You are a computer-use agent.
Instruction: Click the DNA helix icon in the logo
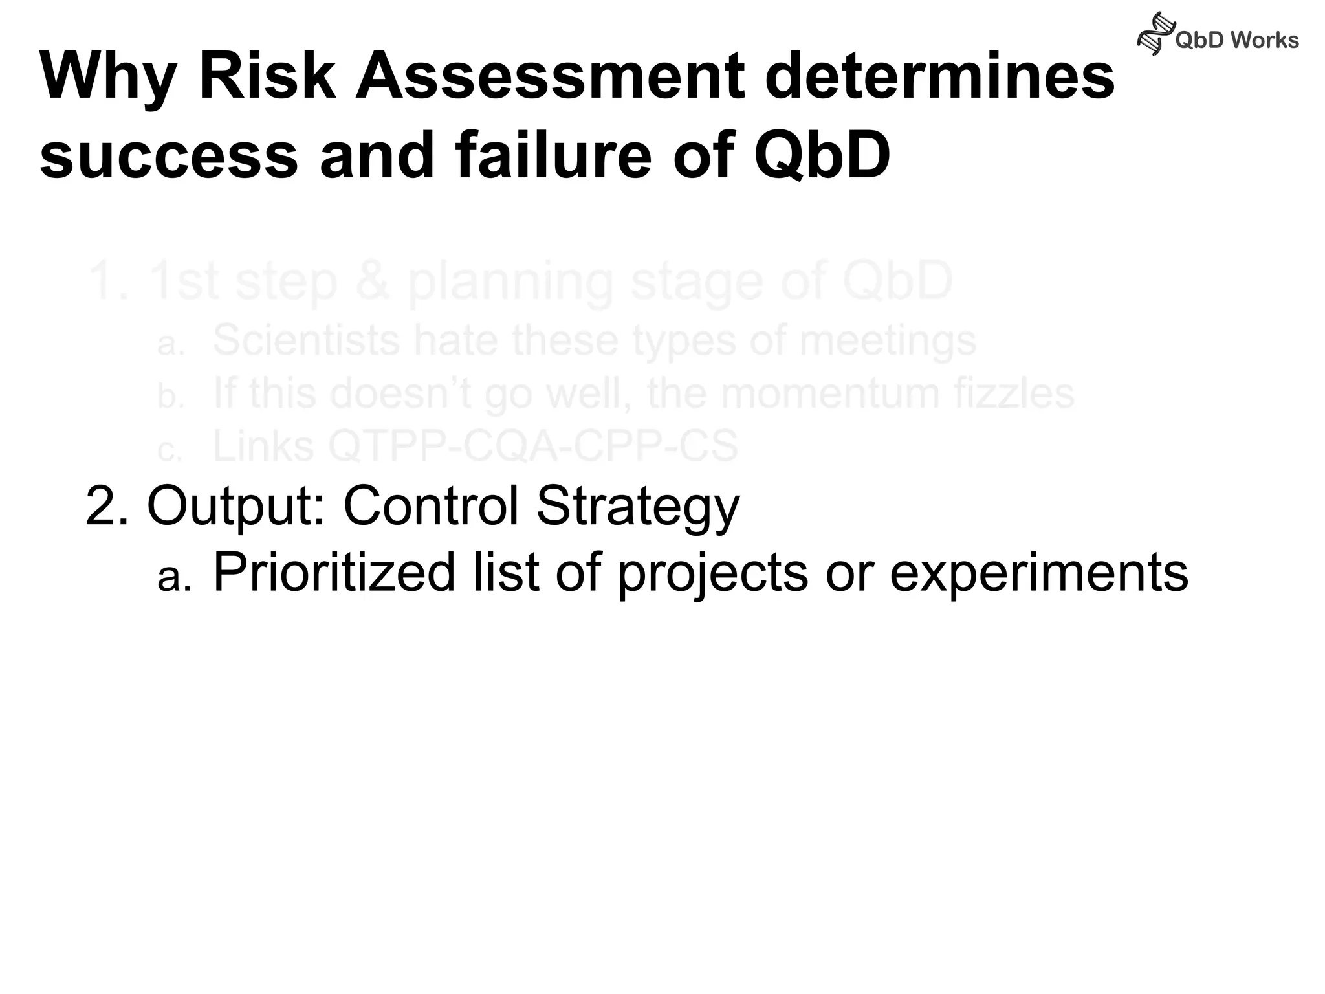coord(1155,34)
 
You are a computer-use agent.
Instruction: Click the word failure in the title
coord(554,155)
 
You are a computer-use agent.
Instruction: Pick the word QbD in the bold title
coord(822,155)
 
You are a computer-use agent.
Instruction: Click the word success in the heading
coord(169,155)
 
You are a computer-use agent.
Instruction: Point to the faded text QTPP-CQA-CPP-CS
coord(533,446)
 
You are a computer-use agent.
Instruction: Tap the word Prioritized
coord(334,572)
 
